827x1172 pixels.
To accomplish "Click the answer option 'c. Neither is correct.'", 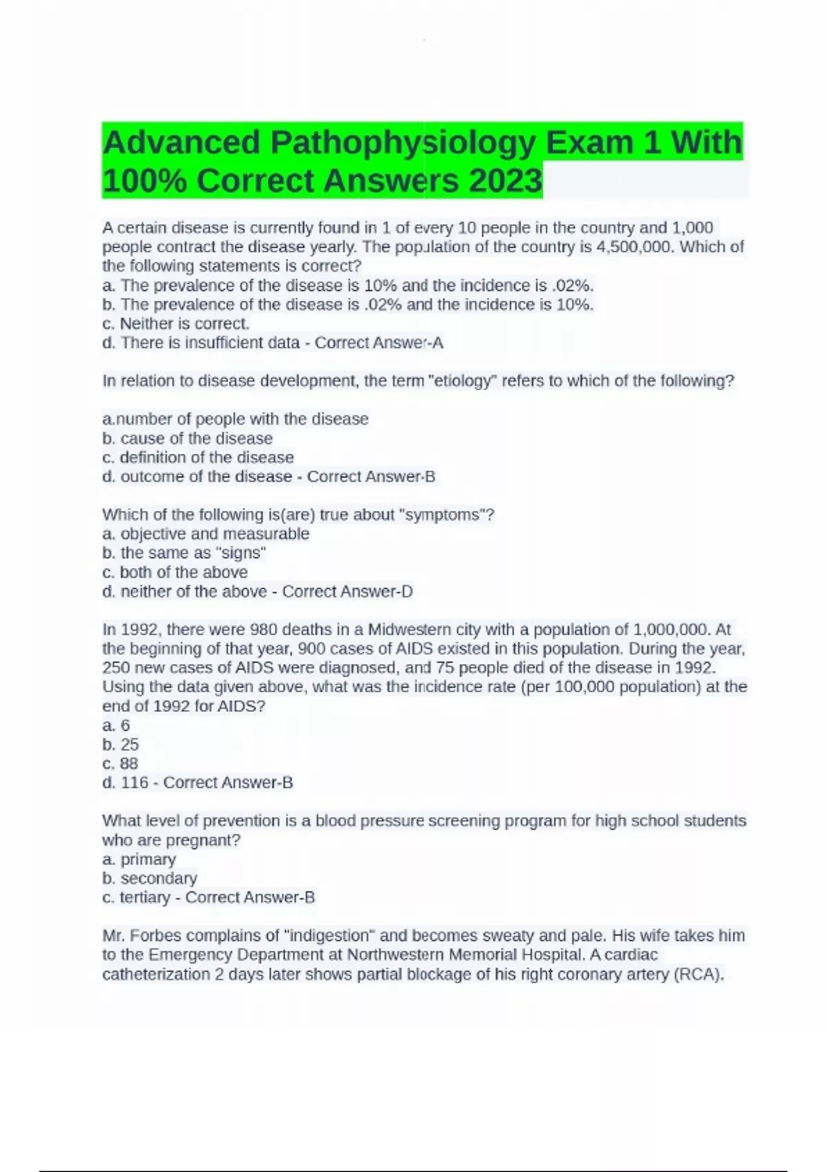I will pos(176,323).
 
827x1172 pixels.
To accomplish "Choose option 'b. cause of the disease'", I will pos(187,438).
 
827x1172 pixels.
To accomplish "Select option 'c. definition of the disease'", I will pos(198,458).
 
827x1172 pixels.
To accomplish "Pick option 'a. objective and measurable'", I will pos(205,534).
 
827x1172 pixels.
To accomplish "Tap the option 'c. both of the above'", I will pos(175,572).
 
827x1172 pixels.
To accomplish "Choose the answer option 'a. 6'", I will pos(116,725).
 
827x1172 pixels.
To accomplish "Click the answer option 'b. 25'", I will pos(121,745).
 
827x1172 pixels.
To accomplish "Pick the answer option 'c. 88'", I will pos(120,764).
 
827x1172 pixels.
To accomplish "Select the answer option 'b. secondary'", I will pos(150,878).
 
